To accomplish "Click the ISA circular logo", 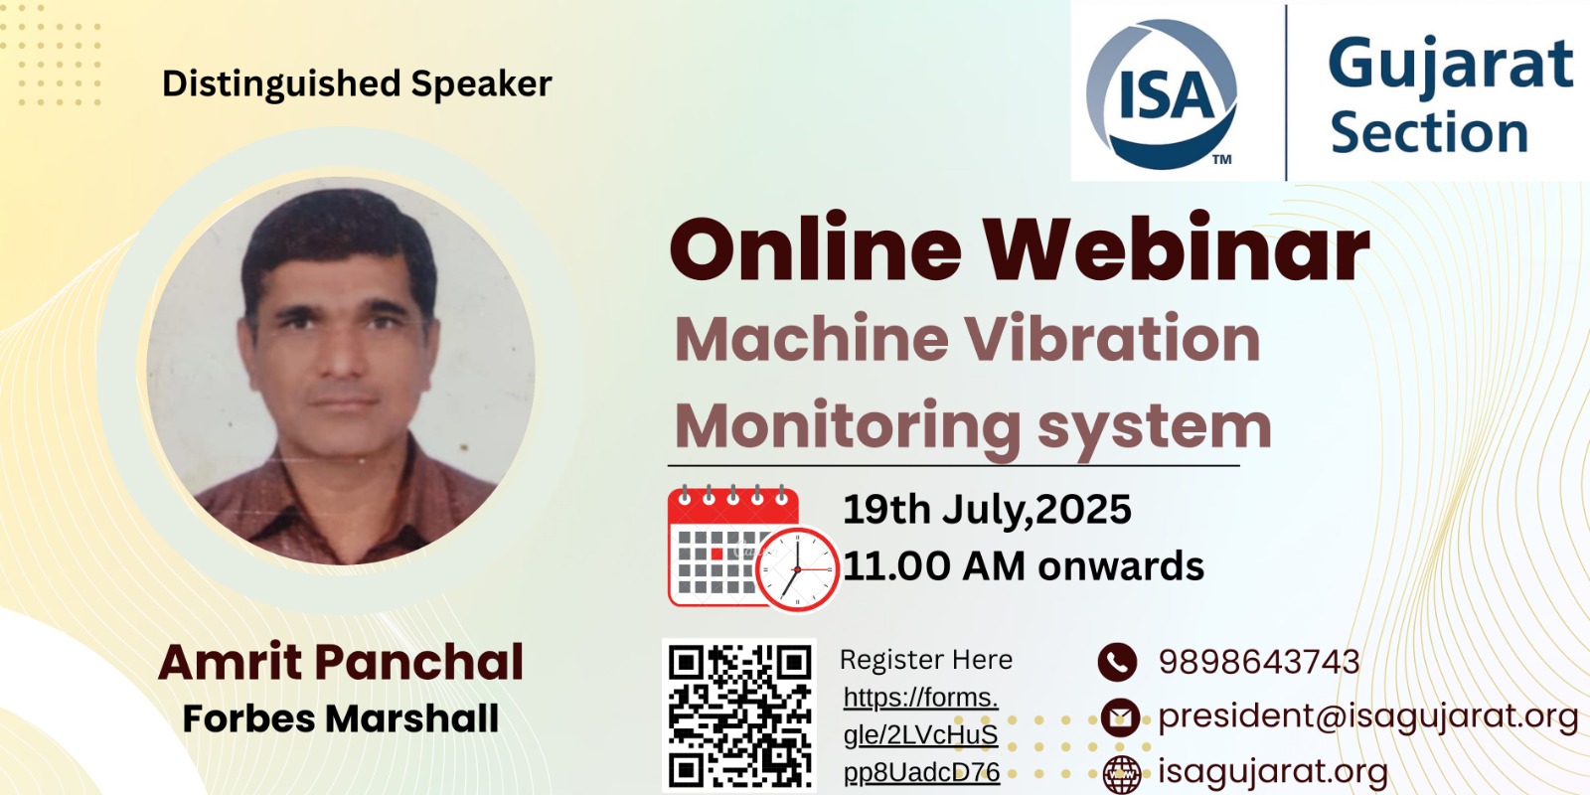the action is tap(1162, 93).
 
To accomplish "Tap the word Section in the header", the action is tap(1429, 132).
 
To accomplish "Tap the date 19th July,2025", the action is tap(987, 510).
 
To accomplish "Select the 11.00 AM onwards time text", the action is tap(1024, 565).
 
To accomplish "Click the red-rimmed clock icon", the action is tap(797, 569).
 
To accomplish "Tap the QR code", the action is tap(739, 715).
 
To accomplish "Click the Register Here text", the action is tap(925, 660).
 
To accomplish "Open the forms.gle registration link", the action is tap(921, 734).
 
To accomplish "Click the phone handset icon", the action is tap(1117, 662).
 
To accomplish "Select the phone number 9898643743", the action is tap(1259, 662).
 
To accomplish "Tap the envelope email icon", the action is tap(1120, 716).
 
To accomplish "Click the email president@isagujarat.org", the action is tap(1368, 716).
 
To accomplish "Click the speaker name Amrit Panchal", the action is tap(341, 662).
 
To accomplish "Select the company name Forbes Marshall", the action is tap(341, 717).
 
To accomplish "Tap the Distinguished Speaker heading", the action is tap(357, 84).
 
